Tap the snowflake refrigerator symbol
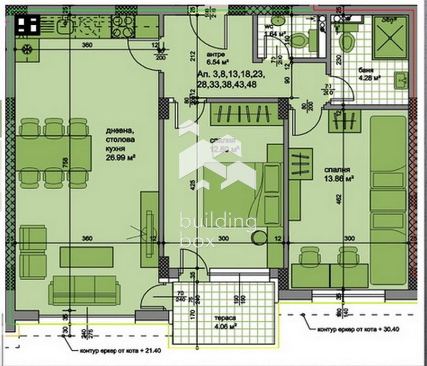pyautogui.click(x=27, y=48)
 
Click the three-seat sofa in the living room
pyautogui.click(x=84, y=289)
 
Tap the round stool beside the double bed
pyautogui.click(x=260, y=238)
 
